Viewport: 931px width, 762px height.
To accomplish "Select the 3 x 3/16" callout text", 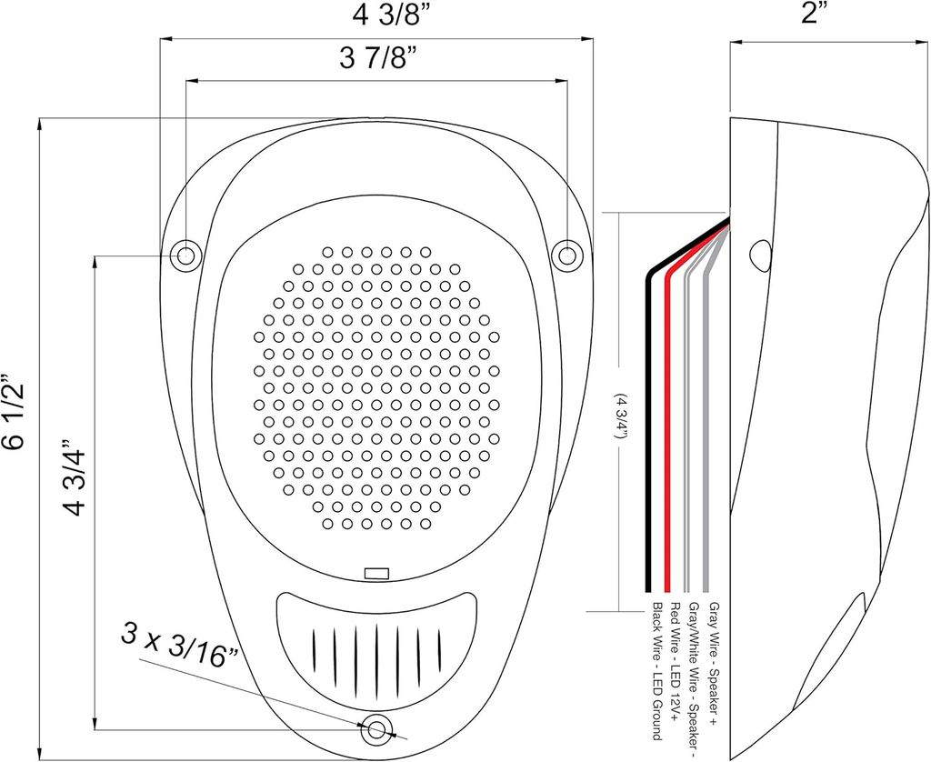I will [x=181, y=647].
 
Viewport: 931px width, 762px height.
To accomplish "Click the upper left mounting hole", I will [x=186, y=256].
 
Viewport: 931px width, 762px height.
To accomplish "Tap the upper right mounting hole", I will [x=567, y=256].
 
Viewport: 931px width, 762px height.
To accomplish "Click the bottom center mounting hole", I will [x=376, y=727].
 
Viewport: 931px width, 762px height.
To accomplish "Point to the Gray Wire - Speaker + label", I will [x=714, y=663].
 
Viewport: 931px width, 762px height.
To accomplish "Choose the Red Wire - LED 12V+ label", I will [x=675, y=660].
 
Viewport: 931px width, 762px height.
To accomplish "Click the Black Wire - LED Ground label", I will [x=655, y=670].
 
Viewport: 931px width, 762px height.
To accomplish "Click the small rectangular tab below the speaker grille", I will [x=375, y=574].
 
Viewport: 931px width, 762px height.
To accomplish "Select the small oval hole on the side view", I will [x=761, y=255].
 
